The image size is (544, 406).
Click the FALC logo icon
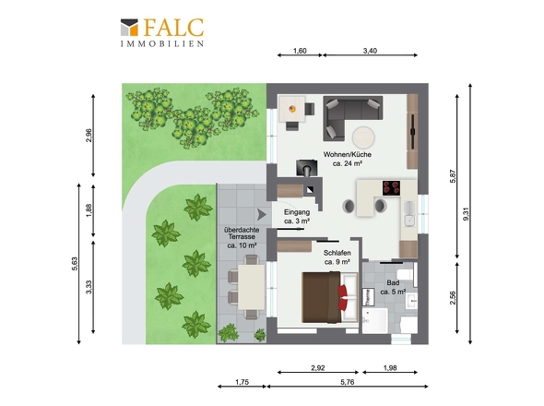point(129,27)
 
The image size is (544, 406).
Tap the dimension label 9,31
point(466,214)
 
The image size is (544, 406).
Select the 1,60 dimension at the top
point(300,51)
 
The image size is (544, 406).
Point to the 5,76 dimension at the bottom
point(348,382)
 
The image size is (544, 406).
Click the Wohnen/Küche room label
point(348,159)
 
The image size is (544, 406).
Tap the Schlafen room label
point(337,257)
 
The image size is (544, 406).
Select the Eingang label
point(297,216)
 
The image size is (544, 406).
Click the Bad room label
point(393,287)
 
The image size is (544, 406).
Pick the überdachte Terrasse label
point(242,237)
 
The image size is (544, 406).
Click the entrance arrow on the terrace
point(261,215)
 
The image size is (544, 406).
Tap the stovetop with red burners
point(391,187)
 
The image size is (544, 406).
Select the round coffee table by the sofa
point(363,137)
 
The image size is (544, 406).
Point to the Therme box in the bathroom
point(367,297)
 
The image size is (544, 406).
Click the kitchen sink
point(409,221)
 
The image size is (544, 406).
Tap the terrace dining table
point(252,287)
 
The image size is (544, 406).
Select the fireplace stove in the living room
point(306,168)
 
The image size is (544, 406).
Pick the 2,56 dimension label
point(453,298)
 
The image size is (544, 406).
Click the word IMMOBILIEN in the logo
point(162,43)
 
